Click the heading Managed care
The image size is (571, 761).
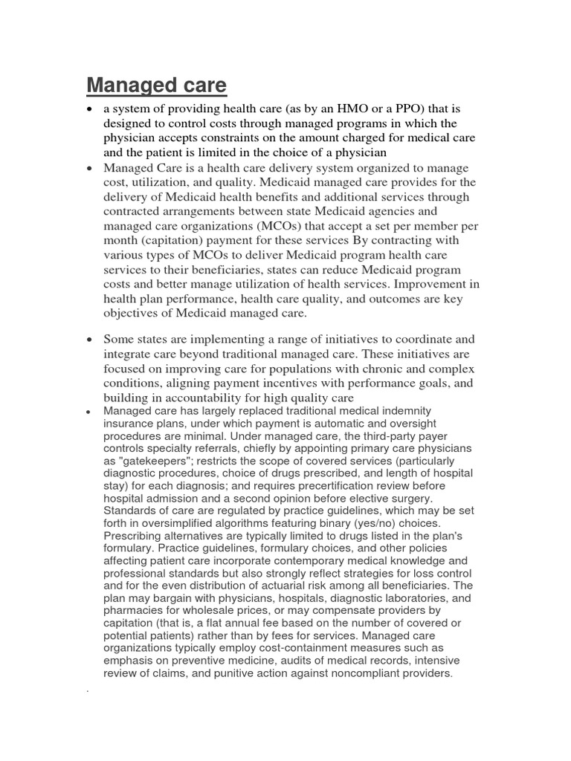(156, 86)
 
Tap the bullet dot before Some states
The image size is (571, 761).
(89, 340)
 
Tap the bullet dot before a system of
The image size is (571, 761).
(89, 110)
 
